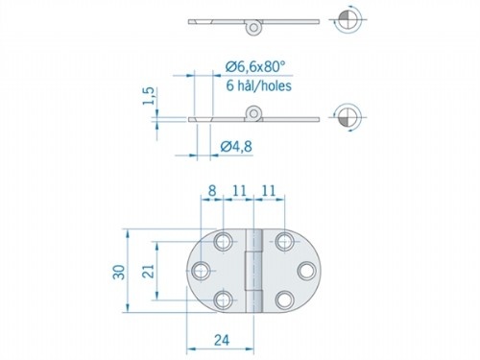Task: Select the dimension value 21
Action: [x=147, y=273]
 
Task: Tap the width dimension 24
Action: [x=222, y=339]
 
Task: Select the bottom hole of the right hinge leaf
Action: [x=286, y=300]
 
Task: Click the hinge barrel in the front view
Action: [x=254, y=271]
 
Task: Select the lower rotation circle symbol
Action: [x=348, y=118]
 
